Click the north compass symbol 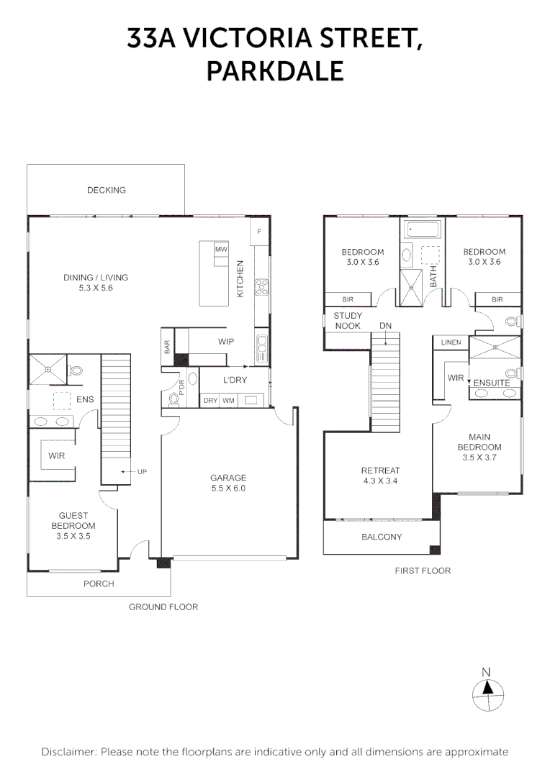coord(488,695)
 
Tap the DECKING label coord(106,190)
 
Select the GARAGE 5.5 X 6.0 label coord(228,483)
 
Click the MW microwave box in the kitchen coord(221,249)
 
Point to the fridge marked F coord(259,232)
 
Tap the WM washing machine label coord(228,401)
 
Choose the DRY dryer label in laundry coord(211,401)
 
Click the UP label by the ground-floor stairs coord(143,472)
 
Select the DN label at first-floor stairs coord(385,326)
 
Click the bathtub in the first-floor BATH coord(422,230)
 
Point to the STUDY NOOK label coord(348,321)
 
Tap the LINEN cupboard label coord(451,342)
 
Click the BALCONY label coord(382,537)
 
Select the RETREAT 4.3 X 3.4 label coord(380,476)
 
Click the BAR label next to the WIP coord(167,347)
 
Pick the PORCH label coord(99,583)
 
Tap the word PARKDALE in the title coord(275,71)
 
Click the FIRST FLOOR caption coord(423,571)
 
